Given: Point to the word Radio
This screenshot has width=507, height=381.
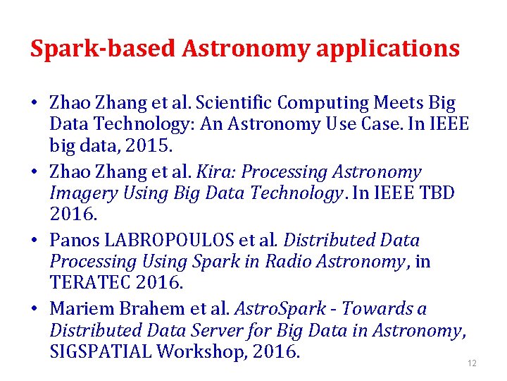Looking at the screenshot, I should pos(289,262).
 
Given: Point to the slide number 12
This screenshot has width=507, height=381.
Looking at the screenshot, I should pos(472,363).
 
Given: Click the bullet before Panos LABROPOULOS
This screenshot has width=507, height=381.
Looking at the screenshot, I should pos(34,241).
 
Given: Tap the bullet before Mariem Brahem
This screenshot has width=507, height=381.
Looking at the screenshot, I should pos(34,309).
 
